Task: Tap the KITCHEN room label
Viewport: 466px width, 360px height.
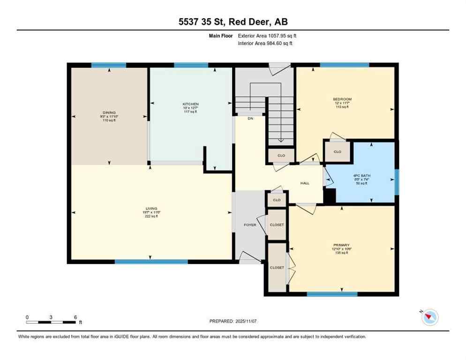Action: (x=191, y=104)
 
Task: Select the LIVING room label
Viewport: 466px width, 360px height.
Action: (x=151, y=209)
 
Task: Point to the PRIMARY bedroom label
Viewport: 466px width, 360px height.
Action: (x=341, y=245)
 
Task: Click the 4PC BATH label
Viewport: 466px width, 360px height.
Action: (x=362, y=176)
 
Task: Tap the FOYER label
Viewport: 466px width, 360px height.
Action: (x=250, y=225)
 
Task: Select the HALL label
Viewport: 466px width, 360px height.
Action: (x=305, y=183)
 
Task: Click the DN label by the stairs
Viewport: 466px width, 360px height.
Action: (x=250, y=119)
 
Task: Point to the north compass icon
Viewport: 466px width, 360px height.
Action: (x=429, y=318)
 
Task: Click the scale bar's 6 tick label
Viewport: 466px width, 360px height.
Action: (x=75, y=317)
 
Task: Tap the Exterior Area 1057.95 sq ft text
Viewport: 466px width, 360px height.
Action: (x=266, y=35)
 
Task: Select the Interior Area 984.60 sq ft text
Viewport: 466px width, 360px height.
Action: (x=265, y=43)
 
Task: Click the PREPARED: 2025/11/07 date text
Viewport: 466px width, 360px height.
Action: (x=233, y=321)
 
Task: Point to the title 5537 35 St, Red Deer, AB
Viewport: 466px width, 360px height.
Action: (x=233, y=22)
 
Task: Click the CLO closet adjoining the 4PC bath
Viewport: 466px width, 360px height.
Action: (x=338, y=152)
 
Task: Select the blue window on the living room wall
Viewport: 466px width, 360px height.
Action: (x=151, y=262)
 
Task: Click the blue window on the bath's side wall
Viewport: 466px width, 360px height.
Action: (x=397, y=182)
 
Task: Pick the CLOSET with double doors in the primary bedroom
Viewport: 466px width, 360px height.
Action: (x=277, y=268)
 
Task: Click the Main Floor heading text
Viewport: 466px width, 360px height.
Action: (x=221, y=35)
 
